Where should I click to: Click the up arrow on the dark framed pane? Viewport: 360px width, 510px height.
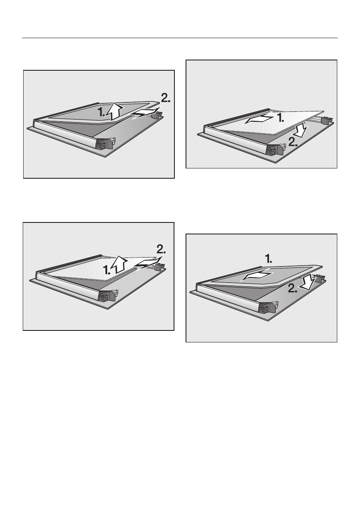pos(115,111)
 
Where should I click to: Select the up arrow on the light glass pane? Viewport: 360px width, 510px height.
pos(119,264)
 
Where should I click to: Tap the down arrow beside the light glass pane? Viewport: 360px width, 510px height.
pos(299,129)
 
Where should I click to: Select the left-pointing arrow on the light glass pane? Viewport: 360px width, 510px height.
pos(259,119)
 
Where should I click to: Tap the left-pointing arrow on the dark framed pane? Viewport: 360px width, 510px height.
pos(256,276)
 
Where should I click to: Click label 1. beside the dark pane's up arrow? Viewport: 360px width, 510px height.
pos(102,112)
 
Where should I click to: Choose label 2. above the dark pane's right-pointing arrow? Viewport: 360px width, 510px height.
pos(165,98)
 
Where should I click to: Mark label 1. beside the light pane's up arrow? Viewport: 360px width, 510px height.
pos(107,269)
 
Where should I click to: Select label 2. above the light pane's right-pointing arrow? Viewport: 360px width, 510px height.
pos(161,249)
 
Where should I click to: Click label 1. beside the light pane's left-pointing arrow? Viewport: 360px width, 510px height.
pos(280,117)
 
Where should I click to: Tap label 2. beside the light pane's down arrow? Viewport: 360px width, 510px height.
pos(293,141)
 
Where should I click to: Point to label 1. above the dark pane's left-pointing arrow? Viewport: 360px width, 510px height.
pos(269,259)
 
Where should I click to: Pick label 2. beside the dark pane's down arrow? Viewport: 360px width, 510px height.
pos(293,288)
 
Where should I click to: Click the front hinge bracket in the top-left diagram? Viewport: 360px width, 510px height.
pos(106,144)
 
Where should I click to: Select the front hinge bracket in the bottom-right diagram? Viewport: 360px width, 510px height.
pos(269,307)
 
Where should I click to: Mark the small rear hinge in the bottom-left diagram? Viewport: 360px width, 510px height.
pos(159,267)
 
